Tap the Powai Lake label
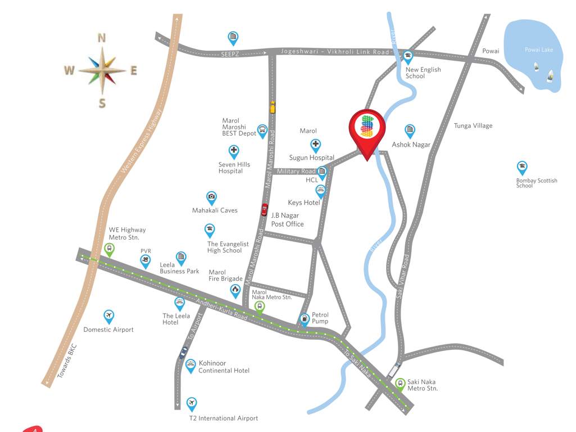[538, 50]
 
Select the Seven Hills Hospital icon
[234, 151]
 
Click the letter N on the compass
[102, 38]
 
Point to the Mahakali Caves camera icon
[211, 196]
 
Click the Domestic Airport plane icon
[109, 316]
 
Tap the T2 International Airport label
[223, 418]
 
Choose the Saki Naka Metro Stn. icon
[400, 384]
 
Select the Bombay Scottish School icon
[522, 166]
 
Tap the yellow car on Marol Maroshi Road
[273, 107]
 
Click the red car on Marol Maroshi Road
[265, 210]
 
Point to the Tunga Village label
[473, 125]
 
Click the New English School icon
[408, 56]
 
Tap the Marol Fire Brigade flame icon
[235, 290]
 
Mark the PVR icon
[146, 260]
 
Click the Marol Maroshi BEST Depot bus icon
[262, 130]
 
